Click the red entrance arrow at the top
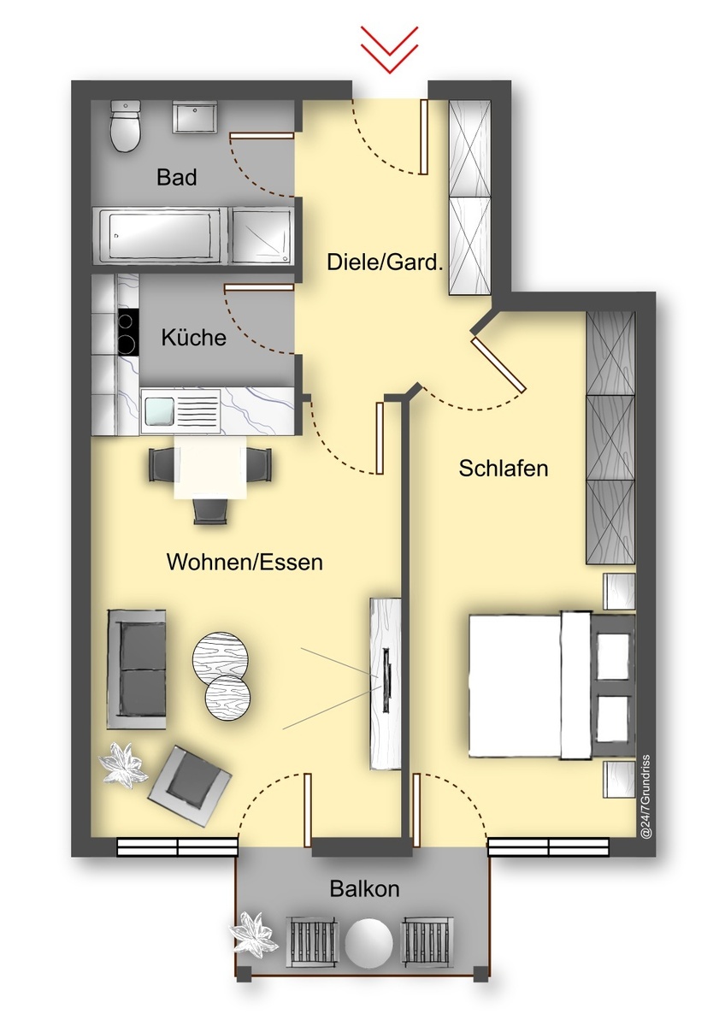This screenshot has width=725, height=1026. (x=389, y=50)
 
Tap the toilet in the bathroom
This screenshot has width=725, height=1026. (x=125, y=127)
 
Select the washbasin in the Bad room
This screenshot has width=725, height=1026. (x=194, y=118)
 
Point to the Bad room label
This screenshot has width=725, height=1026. (x=177, y=177)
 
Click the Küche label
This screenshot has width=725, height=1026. (x=194, y=338)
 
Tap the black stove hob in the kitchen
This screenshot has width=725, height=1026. (x=127, y=332)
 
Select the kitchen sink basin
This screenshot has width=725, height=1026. (x=158, y=410)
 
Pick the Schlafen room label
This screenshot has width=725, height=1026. (x=504, y=469)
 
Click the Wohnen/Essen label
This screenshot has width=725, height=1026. (x=245, y=562)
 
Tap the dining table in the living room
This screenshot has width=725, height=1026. (x=210, y=467)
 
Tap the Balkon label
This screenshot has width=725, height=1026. (x=364, y=889)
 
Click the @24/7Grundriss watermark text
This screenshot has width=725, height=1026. (x=646, y=797)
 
